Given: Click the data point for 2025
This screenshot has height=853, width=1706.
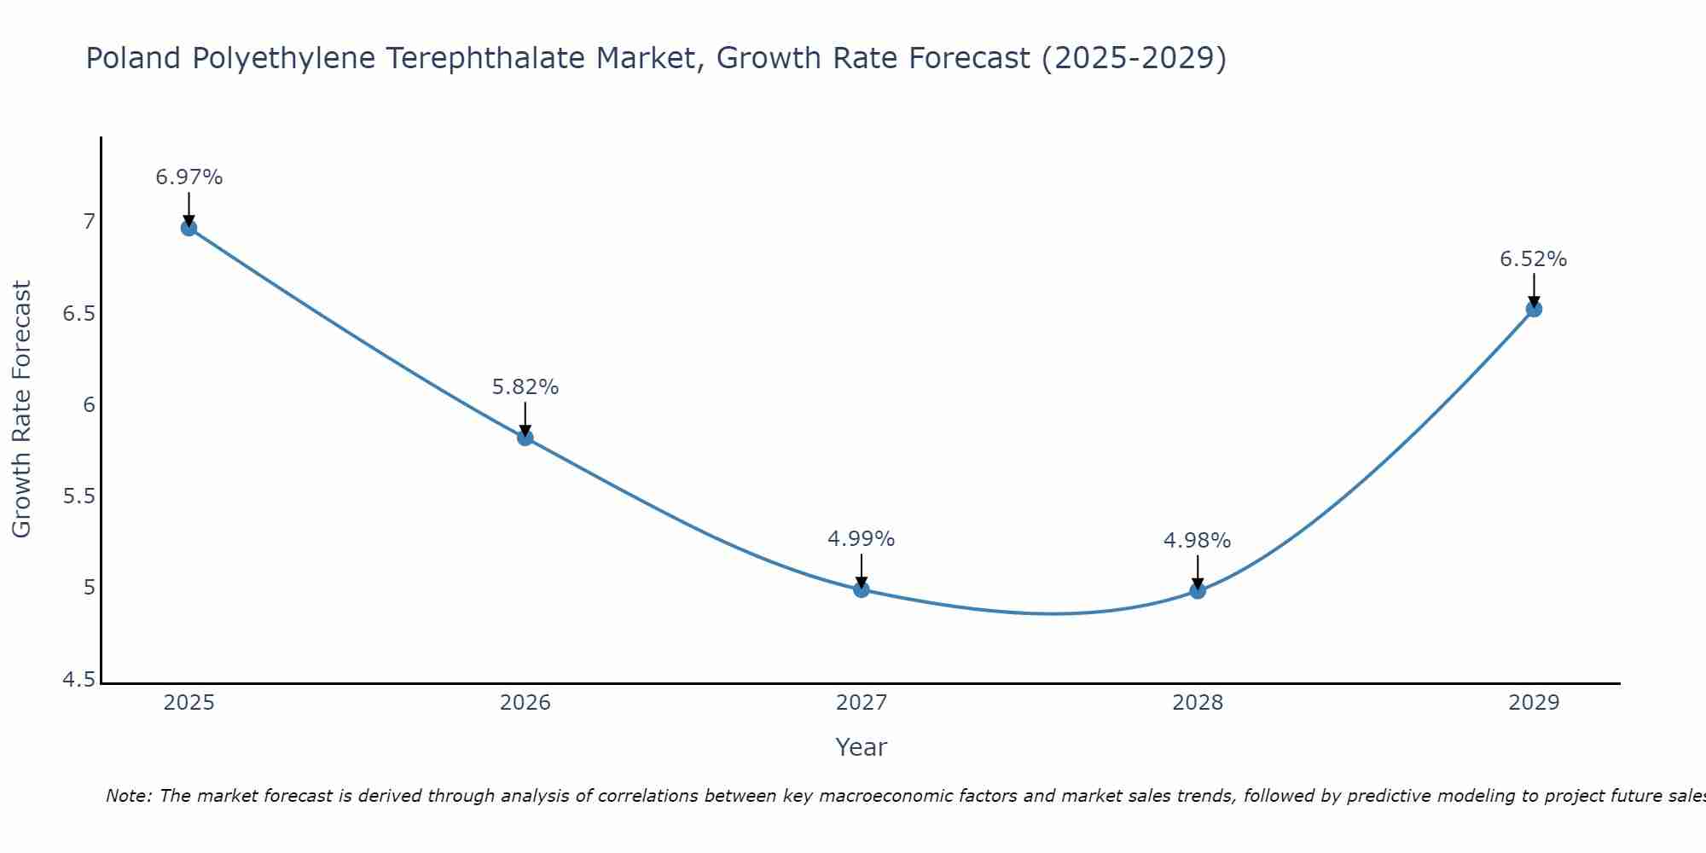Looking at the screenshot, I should click(189, 228).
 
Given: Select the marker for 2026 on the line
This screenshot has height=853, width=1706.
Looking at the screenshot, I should click(525, 438).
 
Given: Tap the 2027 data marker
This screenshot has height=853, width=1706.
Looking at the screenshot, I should click(862, 589).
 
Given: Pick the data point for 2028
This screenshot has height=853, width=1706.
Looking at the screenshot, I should click(1198, 590).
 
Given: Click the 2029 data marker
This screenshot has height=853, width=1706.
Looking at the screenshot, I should click(1534, 309).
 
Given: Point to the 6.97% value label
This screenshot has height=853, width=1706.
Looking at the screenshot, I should click(189, 177).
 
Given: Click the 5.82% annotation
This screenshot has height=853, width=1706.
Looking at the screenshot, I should click(525, 387).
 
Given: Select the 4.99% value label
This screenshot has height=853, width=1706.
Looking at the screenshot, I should click(862, 539).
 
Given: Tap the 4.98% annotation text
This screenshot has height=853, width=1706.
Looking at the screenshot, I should click(1198, 541).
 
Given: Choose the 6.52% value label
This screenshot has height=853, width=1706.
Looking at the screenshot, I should click(1534, 259).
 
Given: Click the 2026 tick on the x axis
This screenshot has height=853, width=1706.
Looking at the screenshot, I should click(525, 703).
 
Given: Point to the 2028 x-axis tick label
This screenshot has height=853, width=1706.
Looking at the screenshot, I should click(1198, 703).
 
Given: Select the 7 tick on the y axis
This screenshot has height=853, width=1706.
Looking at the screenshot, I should click(89, 222).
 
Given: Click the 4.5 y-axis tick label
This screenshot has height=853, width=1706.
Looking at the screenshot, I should click(78, 680).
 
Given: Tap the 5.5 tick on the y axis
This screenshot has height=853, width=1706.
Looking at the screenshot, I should click(78, 496).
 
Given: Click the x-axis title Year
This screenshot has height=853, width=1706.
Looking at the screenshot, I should click(862, 747).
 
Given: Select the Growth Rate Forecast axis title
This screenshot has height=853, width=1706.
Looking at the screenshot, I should click(21, 409).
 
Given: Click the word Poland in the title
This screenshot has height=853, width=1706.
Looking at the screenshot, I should click(134, 59).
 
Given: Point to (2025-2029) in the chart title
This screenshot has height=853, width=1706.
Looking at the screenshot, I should click(1134, 59).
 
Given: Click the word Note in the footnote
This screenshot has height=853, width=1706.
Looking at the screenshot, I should click(128, 796).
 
